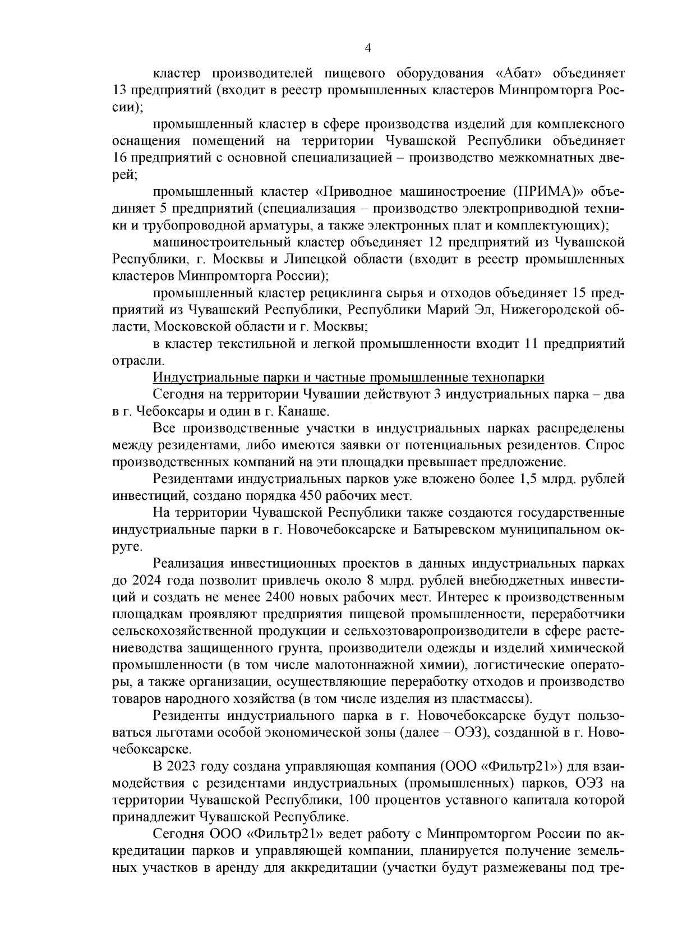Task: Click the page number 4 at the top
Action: pos(368,48)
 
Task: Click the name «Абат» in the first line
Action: pos(520,73)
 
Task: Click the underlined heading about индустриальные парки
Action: pos(348,377)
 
